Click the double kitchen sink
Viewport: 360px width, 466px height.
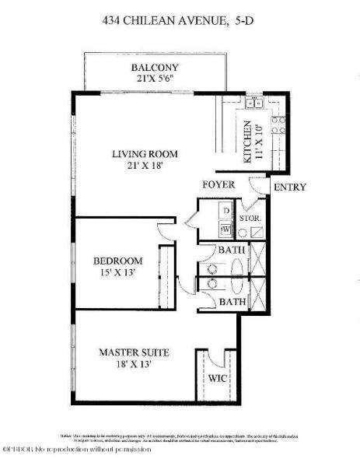tap(253, 103)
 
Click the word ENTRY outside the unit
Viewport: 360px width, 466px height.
tap(290, 187)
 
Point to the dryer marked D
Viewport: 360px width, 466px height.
tap(225, 211)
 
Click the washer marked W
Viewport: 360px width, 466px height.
tap(225, 229)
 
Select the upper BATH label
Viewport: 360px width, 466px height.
tap(232, 251)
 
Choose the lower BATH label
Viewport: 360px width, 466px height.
tap(232, 301)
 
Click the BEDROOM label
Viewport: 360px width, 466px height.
tap(118, 260)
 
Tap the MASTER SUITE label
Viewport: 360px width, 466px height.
tap(134, 352)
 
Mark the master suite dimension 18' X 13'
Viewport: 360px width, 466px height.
tap(134, 364)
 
